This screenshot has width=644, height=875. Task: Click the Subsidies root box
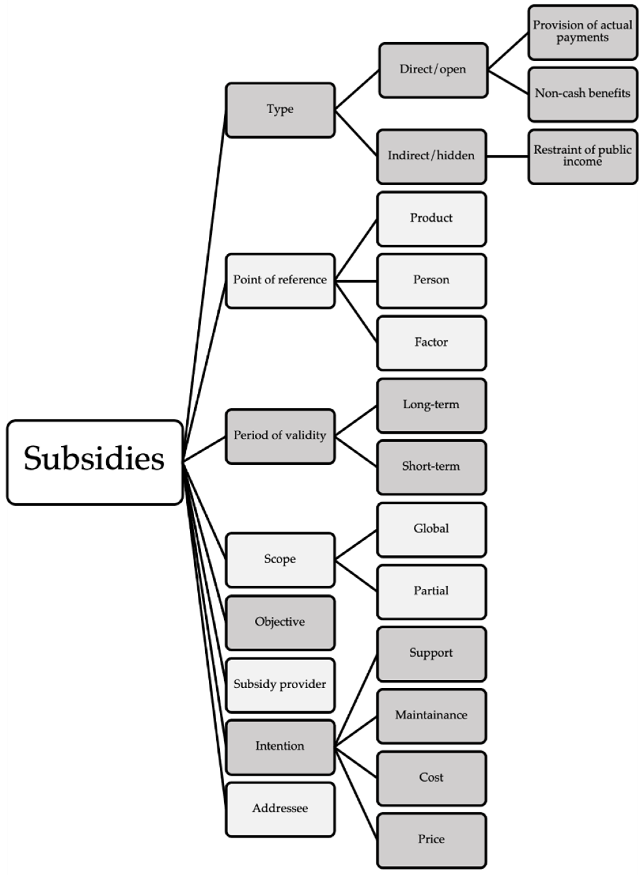[94, 462]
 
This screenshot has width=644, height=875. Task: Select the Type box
[280, 110]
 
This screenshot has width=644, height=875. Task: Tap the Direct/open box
[433, 70]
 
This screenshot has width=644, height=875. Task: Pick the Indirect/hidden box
[431, 156]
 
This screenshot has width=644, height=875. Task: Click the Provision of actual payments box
[582, 32]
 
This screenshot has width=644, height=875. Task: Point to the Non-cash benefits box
[582, 94]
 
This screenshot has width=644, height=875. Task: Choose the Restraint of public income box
[582, 156]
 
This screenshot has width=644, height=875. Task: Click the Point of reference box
[280, 281]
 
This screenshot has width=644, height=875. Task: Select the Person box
[431, 281]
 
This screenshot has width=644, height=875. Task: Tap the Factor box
[431, 343]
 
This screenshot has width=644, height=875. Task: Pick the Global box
[431, 529]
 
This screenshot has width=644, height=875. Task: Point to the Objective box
[280, 623]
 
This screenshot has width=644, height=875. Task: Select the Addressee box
[280, 809]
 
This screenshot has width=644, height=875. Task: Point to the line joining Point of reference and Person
[356, 281]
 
